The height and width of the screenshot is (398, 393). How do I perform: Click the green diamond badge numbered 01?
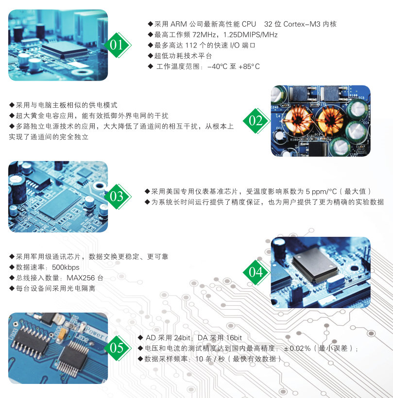click(x=118, y=45)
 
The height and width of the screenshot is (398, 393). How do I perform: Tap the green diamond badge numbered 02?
click(x=256, y=121)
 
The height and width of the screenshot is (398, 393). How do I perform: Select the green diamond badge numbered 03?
click(x=118, y=197)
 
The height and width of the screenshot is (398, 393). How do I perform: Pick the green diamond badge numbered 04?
click(x=256, y=272)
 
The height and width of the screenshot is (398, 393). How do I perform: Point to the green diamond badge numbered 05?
click(x=118, y=348)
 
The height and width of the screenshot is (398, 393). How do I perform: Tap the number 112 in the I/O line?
click(x=191, y=46)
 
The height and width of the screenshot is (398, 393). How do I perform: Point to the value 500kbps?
click(x=66, y=267)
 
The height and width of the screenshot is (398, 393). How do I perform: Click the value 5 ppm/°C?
click(x=321, y=192)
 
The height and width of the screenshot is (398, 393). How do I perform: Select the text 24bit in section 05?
click(x=182, y=338)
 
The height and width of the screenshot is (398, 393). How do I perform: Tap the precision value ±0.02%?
click(x=297, y=348)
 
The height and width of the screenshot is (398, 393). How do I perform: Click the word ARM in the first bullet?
click(x=178, y=24)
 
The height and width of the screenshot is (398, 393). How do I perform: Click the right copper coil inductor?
click(x=330, y=119)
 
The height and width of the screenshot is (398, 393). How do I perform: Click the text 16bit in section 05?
click(x=234, y=338)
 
